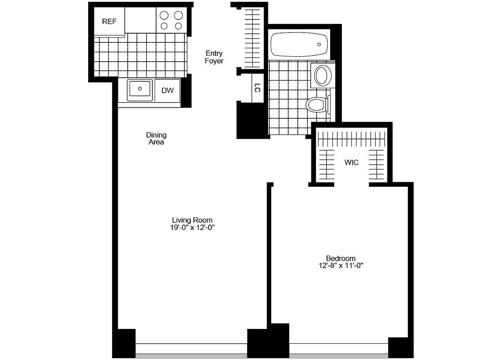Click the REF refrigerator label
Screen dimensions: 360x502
point(109,22)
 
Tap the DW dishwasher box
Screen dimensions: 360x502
point(167,90)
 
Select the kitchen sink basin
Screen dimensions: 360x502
point(140,89)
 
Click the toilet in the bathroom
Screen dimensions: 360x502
point(316,105)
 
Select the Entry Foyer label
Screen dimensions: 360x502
point(214,57)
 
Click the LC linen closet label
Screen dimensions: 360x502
point(257,88)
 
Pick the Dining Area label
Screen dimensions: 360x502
point(156,138)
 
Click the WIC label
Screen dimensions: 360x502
point(352,162)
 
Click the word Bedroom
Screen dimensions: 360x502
point(341,258)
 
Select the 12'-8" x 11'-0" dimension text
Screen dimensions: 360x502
point(341,266)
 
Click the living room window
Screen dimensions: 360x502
point(191,349)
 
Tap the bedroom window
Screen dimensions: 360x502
point(338,349)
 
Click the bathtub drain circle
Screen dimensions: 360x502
point(319,45)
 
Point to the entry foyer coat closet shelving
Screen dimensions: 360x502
point(252,38)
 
